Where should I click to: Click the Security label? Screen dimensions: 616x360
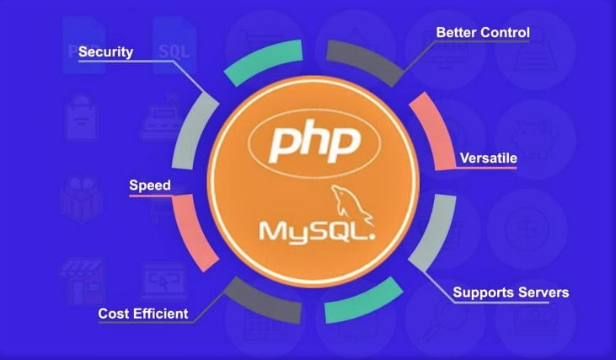point(105,52)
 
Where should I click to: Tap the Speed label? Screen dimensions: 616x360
point(150,185)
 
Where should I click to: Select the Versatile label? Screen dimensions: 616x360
point(488,158)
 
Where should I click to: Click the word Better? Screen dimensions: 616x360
point(456,32)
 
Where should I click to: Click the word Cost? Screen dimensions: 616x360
point(113,314)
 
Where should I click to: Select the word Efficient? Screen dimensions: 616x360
point(160,314)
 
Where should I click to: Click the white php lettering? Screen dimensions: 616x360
point(314,142)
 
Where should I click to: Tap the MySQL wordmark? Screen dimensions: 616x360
point(317,232)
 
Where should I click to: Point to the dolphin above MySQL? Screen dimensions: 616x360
point(351,204)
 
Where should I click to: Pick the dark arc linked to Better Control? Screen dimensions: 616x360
point(363,61)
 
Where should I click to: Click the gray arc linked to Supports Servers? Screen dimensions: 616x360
point(433,232)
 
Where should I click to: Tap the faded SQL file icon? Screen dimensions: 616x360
point(174,46)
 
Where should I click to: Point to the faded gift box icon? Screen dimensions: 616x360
point(82,199)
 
